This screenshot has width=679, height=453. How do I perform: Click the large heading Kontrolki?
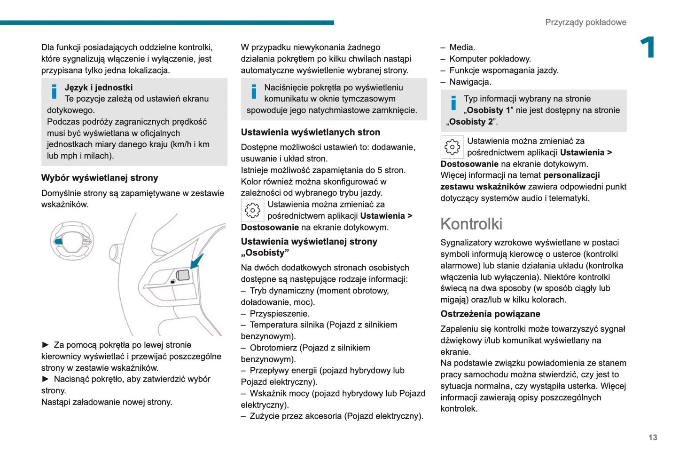click(x=471, y=224)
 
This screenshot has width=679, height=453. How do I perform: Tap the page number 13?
click(x=652, y=437)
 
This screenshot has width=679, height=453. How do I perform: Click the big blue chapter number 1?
click(x=648, y=48)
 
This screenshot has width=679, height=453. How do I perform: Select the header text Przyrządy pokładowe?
click(x=585, y=22)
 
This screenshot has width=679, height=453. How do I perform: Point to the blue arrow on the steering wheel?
click(x=197, y=261)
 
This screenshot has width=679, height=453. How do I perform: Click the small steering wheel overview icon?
click(x=72, y=241)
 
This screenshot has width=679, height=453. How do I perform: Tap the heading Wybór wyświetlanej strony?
click(x=100, y=178)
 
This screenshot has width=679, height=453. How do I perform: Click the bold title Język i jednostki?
click(x=99, y=87)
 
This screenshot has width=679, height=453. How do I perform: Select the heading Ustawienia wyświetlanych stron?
click(x=310, y=132)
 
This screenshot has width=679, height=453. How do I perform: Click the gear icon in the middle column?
click(x=252, y=210)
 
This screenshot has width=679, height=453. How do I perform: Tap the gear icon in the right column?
click(x=452, y=147)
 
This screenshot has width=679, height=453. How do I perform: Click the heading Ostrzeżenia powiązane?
click(x=490, y=314)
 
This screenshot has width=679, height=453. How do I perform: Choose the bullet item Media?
click(x=462, y=48)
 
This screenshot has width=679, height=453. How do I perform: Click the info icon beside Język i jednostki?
click(x=55, y=91)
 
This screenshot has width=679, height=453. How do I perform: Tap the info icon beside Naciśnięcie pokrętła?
click(x=254, y=91)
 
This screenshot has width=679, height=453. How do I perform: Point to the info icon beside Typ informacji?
click(x=453, y=103)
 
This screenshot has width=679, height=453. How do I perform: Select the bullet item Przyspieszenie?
click(x=279, y=313)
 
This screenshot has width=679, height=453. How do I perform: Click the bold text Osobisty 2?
click(x=470, y=122)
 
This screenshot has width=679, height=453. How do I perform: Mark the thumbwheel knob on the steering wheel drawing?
click(x=182, y=275)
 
